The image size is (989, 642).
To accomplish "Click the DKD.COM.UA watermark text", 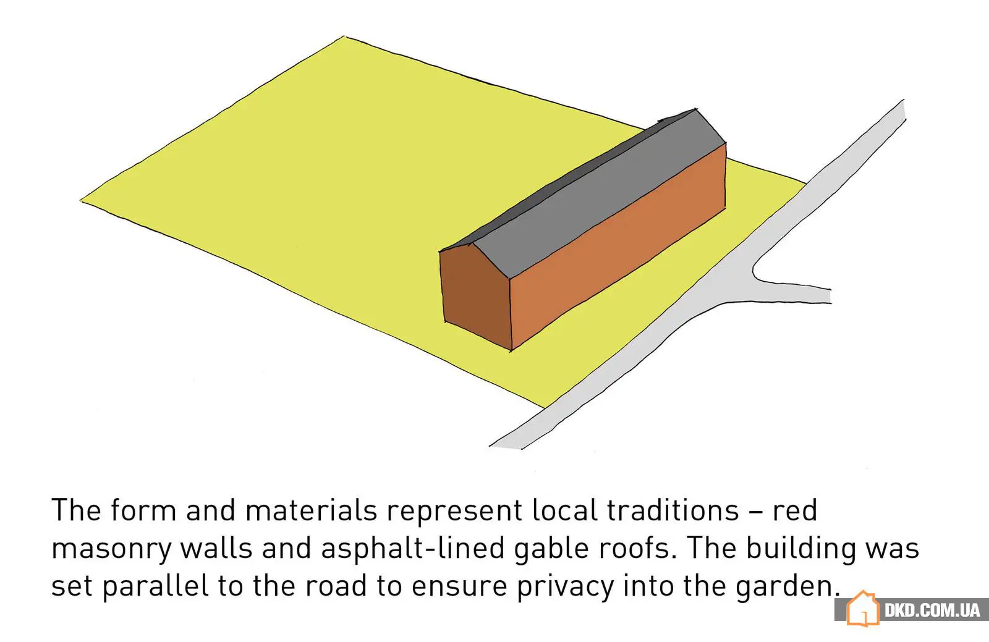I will coord(932,610).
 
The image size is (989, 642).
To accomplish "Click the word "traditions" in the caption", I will coord(673,511).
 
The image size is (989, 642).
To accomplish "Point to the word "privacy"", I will coord(566,586).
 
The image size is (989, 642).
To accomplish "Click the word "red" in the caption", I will coord(795,511).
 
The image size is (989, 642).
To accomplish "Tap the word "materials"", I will coord(311,511).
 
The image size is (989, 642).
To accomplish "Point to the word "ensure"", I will coord(459,586).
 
